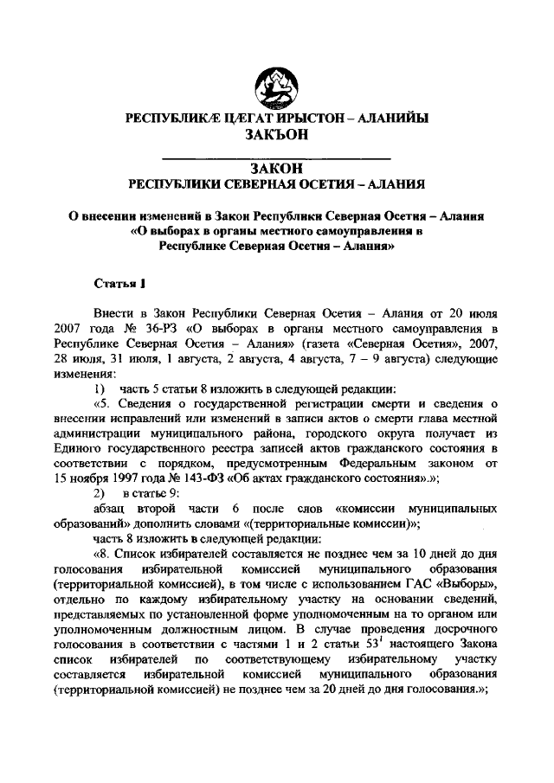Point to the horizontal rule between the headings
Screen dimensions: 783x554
[276, 157]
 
